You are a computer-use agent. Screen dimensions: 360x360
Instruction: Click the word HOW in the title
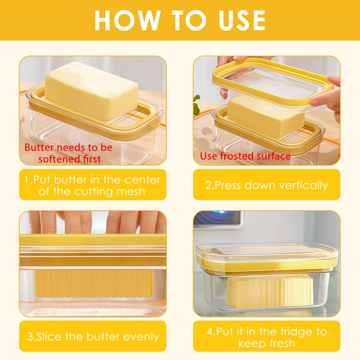tap(127, 20)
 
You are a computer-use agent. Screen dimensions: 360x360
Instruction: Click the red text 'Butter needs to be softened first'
tap(68, 153)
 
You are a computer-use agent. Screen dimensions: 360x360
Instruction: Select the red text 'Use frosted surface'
tap(245, 156)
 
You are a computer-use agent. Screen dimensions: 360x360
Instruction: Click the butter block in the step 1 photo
tap(91, 90)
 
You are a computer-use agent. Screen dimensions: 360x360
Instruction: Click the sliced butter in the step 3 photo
tap(94, 283)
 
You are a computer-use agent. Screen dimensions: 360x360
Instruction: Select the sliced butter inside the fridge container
tap(270, 292)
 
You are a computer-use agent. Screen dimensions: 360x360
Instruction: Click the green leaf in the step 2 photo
tap(197, 105)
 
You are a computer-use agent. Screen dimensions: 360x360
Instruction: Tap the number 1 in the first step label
tap(27, 180)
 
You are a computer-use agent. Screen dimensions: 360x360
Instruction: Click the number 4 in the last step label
tap(210, 332)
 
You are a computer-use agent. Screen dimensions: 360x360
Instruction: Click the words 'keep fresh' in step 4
tap(266, 344)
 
